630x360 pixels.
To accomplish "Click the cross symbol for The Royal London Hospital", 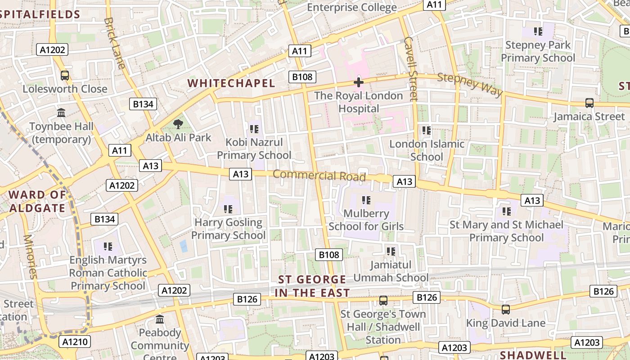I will point(359,82).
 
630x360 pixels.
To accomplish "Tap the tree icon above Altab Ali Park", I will point(178,124).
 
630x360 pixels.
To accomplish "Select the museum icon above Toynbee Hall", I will point(61,112).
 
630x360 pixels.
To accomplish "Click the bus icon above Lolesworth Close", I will point(65,75).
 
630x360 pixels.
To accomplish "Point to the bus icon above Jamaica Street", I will point(589,103).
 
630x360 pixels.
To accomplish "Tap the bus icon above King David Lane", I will point(506,310).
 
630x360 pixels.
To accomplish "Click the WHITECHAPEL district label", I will point(231,83).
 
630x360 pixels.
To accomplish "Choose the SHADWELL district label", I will point(533,355).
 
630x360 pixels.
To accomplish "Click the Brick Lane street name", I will point(114,43).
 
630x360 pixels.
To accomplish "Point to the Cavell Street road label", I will point(411,68).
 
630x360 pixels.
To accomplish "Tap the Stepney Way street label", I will point(470,85).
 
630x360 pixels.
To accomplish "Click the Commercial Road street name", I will point(319,175).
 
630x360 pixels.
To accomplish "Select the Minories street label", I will point(29,256).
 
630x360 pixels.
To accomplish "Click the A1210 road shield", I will point(75,342).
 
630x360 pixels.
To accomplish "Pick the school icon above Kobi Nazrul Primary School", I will point(254,129).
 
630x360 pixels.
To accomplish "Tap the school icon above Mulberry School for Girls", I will point(366,200).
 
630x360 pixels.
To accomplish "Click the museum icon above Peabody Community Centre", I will point(160,319).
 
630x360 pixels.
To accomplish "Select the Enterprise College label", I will point(351,7).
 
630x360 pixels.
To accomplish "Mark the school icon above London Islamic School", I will point(427,130).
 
